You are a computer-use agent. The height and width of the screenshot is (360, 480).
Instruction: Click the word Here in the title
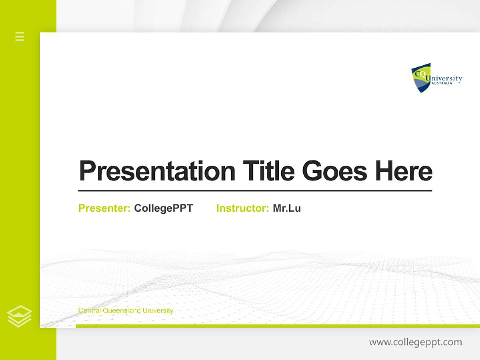pyautogui.click(x=403, y=171)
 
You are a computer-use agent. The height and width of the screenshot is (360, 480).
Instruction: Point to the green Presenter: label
pyautogui.click(x=104, y=208)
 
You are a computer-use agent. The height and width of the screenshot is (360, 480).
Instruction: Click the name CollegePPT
pyautogui.click(x=163, y=208)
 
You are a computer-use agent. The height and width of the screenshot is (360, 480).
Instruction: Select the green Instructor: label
pyautogui.click(x=242, y=208)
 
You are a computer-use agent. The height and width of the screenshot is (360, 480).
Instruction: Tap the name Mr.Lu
pyautogui.click(x=287, y=208)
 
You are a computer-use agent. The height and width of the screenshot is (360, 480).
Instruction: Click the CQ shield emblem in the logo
pyautogui.click(x=420, y=78)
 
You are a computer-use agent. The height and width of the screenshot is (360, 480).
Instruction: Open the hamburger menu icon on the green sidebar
pyautogui.click(x=20, y=36)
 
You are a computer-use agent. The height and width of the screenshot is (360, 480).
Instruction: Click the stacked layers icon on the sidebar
pyautogui.click(x=19, y=316)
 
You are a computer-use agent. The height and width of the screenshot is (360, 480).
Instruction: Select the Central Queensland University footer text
pyautogui.click(x=126, y=311)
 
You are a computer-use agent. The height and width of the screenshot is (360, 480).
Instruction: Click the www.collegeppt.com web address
pyautogui.click(x=415, y=342)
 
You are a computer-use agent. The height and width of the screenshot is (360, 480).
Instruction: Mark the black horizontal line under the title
pyautogui.click(x=255, y=190)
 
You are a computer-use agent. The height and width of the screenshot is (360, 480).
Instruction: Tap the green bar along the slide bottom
pyautogui.click(x=277, y=326)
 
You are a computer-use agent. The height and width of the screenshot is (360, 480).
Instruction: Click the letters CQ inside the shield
pyautogui.click(x=418, y=73)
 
